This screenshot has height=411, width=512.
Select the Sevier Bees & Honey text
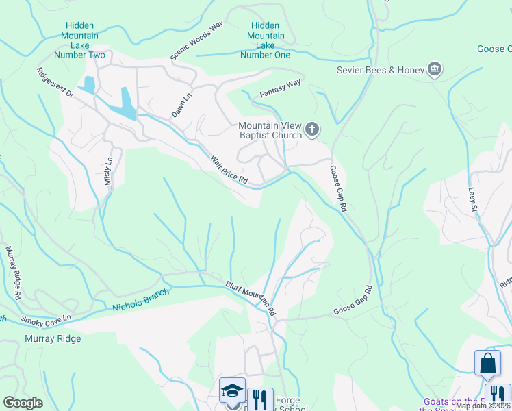(380, 69)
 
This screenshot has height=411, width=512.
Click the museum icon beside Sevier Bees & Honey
(434, 69)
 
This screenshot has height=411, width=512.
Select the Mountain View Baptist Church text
(270, 130)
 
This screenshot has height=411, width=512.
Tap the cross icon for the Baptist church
(312, 129)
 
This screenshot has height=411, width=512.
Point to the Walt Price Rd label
(228, 169)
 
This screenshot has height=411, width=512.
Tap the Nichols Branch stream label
(140, 301)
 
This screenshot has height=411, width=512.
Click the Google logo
(23, 403)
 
